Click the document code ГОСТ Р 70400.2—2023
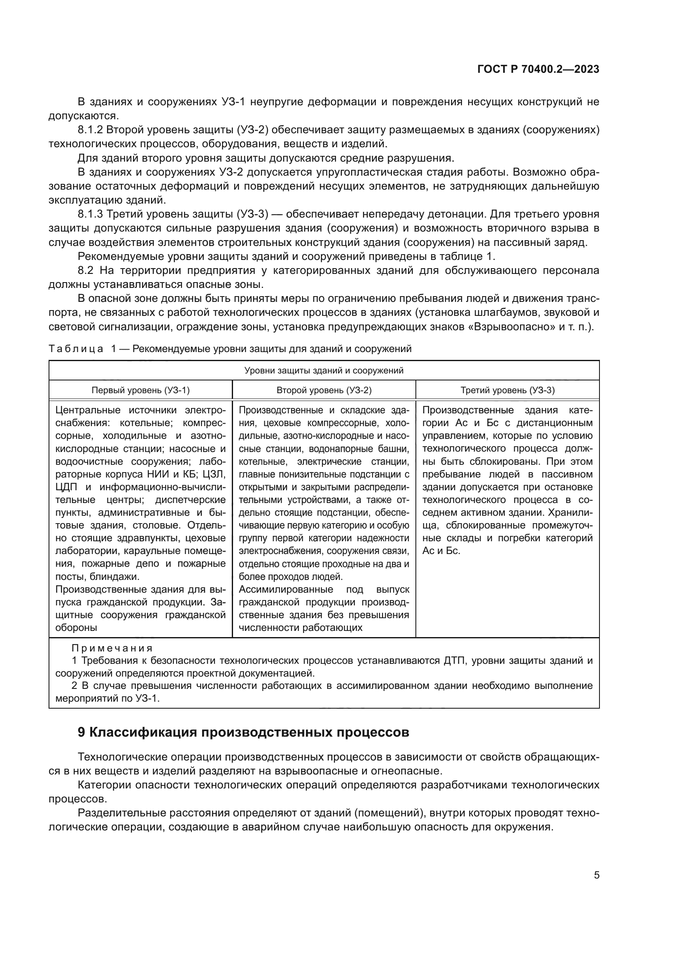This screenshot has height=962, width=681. pos(538,70)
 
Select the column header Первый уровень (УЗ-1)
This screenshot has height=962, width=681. pos(140,390)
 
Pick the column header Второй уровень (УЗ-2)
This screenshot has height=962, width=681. pos(324,390)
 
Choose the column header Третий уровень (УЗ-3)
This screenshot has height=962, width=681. pos(507,390)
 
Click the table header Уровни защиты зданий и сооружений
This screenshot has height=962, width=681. pos(324,371)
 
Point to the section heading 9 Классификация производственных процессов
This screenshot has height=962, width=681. pos(243,732)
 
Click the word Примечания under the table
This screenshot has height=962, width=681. pos(112,648)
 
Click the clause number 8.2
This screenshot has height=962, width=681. pos(86,270)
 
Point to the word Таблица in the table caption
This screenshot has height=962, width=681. pos(76,349)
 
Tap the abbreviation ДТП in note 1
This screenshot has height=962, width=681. pos(453,661)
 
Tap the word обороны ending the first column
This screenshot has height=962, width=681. pos(76,628)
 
